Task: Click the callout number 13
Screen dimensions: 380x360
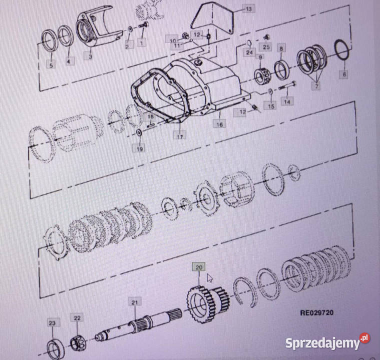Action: [249, 9]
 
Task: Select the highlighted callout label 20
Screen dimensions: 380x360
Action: [199, 267]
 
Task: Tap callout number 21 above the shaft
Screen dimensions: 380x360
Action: [135, 302]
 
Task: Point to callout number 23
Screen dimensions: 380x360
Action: [53, 323]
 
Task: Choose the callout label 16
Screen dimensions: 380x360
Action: [219, 124]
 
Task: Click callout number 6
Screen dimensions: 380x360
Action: [344, 74]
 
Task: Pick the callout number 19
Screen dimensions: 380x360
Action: [140, 149]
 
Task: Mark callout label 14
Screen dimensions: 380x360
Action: [287, 101]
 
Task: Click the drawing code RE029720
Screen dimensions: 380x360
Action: [317, 313]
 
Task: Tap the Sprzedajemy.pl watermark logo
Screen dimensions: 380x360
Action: [327, 342]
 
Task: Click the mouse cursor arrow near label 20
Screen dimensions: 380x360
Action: [210, 278]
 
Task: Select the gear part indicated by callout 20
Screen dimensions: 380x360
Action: [207, 303]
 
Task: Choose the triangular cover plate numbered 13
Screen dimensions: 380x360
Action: [212, 18]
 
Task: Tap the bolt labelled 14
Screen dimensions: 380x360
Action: [287, 85]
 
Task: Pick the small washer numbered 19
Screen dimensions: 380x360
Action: [139, 132]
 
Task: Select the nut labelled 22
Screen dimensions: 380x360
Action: [77, 343]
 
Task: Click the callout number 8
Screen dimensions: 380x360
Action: [281, 48]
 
